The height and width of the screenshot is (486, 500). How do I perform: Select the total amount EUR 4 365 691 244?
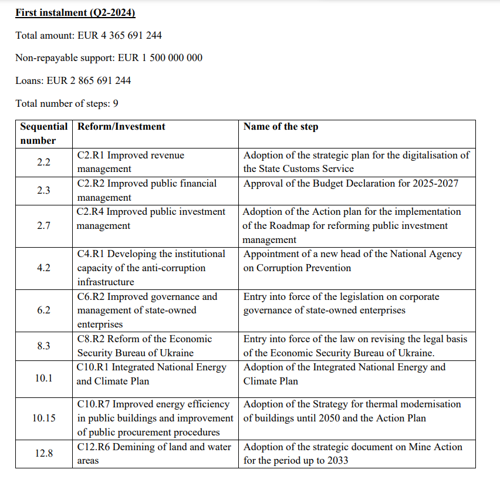point(120,35)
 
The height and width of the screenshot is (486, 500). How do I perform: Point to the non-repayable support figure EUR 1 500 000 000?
point(160,58)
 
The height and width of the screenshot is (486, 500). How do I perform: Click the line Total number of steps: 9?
point(67,103)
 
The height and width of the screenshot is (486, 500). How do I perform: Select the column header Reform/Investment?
point(121,127)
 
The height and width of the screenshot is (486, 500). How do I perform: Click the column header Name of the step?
point(281,127)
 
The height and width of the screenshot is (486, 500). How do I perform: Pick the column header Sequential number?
point(43,133)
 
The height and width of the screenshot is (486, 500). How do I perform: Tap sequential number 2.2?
point(43,162)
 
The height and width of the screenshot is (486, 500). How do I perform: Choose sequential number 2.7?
point(43,225)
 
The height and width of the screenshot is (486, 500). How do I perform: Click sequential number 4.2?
point(43,268)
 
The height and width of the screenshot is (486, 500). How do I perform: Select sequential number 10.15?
point(43,418)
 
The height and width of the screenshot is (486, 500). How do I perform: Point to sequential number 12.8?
point(43,453)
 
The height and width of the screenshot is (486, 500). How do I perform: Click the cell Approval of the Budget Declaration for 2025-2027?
point(351,184)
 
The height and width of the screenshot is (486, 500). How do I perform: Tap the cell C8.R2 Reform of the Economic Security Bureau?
point(144,346)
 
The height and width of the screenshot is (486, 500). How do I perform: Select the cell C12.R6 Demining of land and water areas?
point(152,453)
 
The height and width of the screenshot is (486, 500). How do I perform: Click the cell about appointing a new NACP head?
point(352,261)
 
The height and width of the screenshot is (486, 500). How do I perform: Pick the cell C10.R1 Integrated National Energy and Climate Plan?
point(151,374)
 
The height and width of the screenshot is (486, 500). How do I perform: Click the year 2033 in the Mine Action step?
point(336,461)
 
